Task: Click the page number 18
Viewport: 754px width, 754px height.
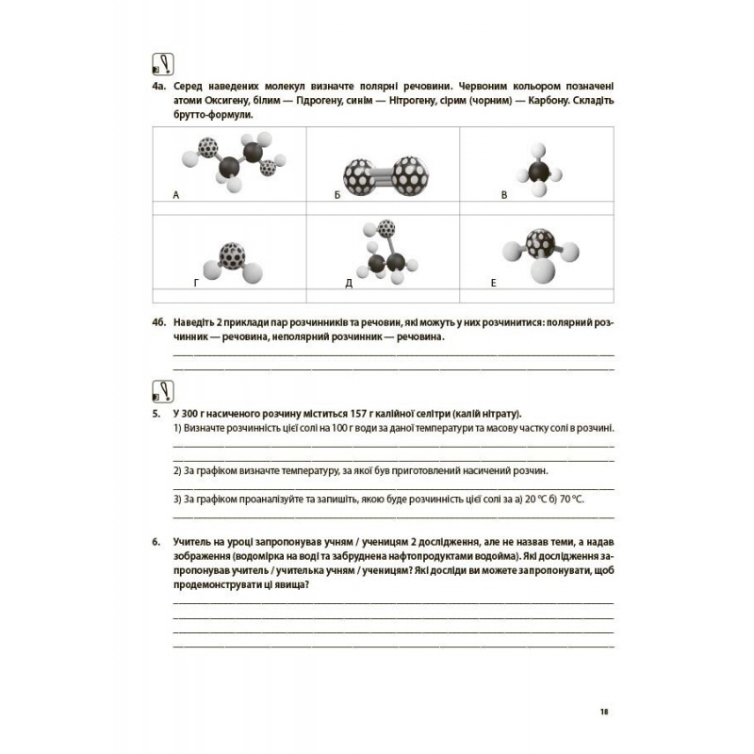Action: click(604, 712)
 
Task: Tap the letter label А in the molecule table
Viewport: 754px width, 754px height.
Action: click(176, 195)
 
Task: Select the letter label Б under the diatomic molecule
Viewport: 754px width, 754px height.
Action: click(337, 195)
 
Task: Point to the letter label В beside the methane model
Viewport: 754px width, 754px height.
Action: click(504, 195)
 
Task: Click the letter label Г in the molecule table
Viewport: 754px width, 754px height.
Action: click(196, 283)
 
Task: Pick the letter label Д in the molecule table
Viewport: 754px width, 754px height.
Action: click(349, 284)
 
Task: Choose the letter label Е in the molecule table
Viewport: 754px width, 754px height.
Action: click(493, 283)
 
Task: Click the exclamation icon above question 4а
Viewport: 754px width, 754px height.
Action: click(163, 64)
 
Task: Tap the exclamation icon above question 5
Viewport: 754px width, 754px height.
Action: click(163, 391)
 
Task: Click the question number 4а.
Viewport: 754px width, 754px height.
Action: click(159, 87)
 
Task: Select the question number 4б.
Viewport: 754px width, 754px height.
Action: click(159, 322)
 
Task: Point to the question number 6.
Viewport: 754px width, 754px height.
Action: click(156, 542)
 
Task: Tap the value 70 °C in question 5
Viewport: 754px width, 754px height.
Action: click(571, 500)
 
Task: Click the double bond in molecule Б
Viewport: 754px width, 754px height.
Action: click(384, 176)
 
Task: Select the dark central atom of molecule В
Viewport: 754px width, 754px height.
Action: click(538, 172)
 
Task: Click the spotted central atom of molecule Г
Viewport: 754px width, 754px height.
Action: click(232, 255)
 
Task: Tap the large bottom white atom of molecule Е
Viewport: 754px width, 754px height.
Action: click(543, 270)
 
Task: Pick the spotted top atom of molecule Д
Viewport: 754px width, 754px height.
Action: click(386, 228)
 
